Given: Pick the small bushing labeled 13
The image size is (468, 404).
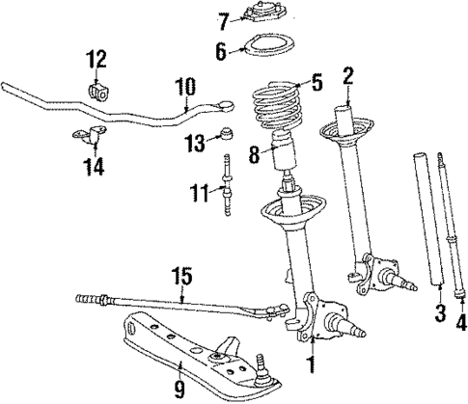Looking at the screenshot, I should tap(227, 132).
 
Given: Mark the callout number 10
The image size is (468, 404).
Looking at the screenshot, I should tap(182, 90).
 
